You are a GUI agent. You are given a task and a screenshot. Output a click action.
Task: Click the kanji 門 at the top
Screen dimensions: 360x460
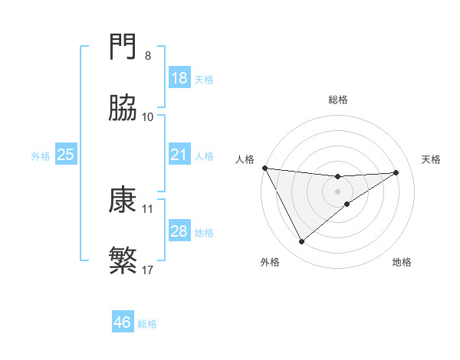[124, 48]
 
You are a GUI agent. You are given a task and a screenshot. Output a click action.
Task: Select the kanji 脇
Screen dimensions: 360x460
[124, 110]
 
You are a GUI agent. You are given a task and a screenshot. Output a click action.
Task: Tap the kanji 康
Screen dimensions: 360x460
[124, 201]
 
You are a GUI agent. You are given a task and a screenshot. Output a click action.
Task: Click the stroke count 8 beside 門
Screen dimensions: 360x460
[148, 56]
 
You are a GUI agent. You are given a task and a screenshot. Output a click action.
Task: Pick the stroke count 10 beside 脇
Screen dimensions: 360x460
[148, 117]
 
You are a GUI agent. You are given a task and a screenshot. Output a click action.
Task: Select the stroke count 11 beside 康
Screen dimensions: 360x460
[148, 208]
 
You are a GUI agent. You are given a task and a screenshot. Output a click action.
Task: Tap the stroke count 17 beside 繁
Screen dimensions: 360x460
[148, 270]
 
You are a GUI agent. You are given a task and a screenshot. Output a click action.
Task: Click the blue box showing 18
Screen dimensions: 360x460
[179, 78]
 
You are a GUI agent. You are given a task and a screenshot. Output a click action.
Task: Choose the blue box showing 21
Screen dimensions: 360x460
[179, 155]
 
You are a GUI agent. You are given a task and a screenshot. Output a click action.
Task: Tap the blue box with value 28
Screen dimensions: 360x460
[179, 231]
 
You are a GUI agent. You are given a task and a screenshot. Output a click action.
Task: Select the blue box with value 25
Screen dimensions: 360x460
[66, 155]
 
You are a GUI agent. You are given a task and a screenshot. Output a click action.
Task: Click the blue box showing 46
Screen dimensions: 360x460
[123, 322]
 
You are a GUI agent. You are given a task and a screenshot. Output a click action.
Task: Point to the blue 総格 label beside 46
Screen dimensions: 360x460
[147, 324]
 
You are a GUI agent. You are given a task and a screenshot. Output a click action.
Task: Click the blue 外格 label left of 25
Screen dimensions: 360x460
[41, 155]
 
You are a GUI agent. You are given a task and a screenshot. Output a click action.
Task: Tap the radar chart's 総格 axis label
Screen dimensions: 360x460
[338, 100]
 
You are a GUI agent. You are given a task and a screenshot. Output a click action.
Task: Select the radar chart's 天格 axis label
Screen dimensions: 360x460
[432, 159]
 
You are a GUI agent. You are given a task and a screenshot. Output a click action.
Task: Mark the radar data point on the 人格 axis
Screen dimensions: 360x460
[264, 168]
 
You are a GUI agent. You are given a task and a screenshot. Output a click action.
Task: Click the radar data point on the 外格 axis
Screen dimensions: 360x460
[301, 242]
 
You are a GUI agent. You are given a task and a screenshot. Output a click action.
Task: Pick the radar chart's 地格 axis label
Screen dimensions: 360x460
[402, 262]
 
